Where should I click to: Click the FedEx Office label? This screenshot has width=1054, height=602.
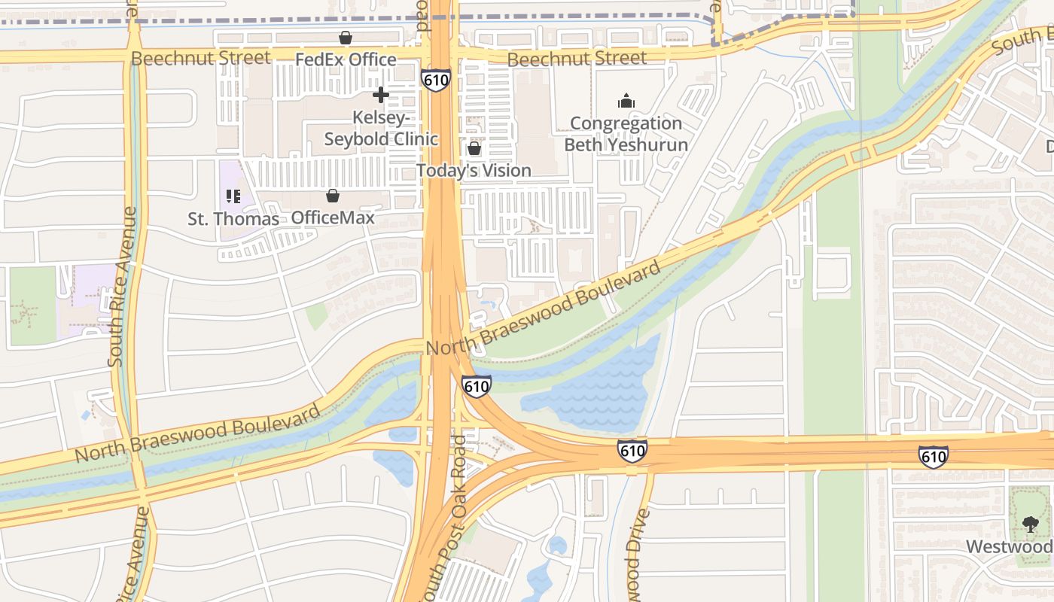click(x=346, y=59)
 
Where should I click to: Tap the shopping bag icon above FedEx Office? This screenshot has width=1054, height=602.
click(x=346, y=38)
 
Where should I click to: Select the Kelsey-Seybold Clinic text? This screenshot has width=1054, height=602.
click(x=381, y=129)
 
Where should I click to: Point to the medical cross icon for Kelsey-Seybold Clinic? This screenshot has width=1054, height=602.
click(x=381, y=95)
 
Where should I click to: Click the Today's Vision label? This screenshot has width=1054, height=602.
click(x=474, y=171)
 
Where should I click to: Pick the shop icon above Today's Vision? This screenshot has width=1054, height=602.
click(x=474, y=148)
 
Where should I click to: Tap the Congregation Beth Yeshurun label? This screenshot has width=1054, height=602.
click(x=626, y=134)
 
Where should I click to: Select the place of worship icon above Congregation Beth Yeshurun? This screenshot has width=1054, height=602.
click(x=626, y=101)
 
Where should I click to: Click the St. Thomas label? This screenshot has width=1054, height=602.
click(x=233, y=219)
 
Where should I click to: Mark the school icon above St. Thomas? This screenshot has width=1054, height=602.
click(x=233, y=196)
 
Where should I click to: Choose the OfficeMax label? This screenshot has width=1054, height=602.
click(x=333, y=218)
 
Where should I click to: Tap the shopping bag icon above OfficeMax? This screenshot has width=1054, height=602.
click(x=333, y=196)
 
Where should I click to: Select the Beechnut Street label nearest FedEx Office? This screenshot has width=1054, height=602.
click(x=200, y=58)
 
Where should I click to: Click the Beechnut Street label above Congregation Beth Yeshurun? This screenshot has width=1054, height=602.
click(x=577, y=58)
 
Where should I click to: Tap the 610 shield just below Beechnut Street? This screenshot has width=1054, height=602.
click(x=436, y=81)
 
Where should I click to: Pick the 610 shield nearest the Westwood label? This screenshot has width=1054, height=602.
click(x=933, y=456)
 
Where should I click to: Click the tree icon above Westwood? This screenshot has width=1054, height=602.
click(x=1030, y=524)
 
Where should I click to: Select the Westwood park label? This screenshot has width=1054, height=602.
click(x=1010, y=546)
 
